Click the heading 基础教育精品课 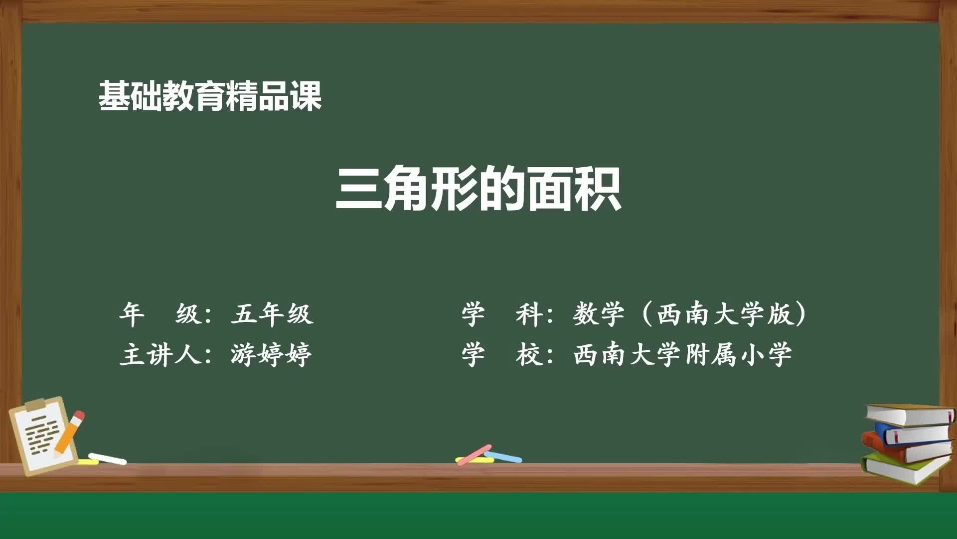point(209,96)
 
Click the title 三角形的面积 point(478,189)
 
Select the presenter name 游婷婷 point(271,355)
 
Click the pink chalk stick point(474,455)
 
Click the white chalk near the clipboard point(108,459)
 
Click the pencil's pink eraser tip point(79,416)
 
